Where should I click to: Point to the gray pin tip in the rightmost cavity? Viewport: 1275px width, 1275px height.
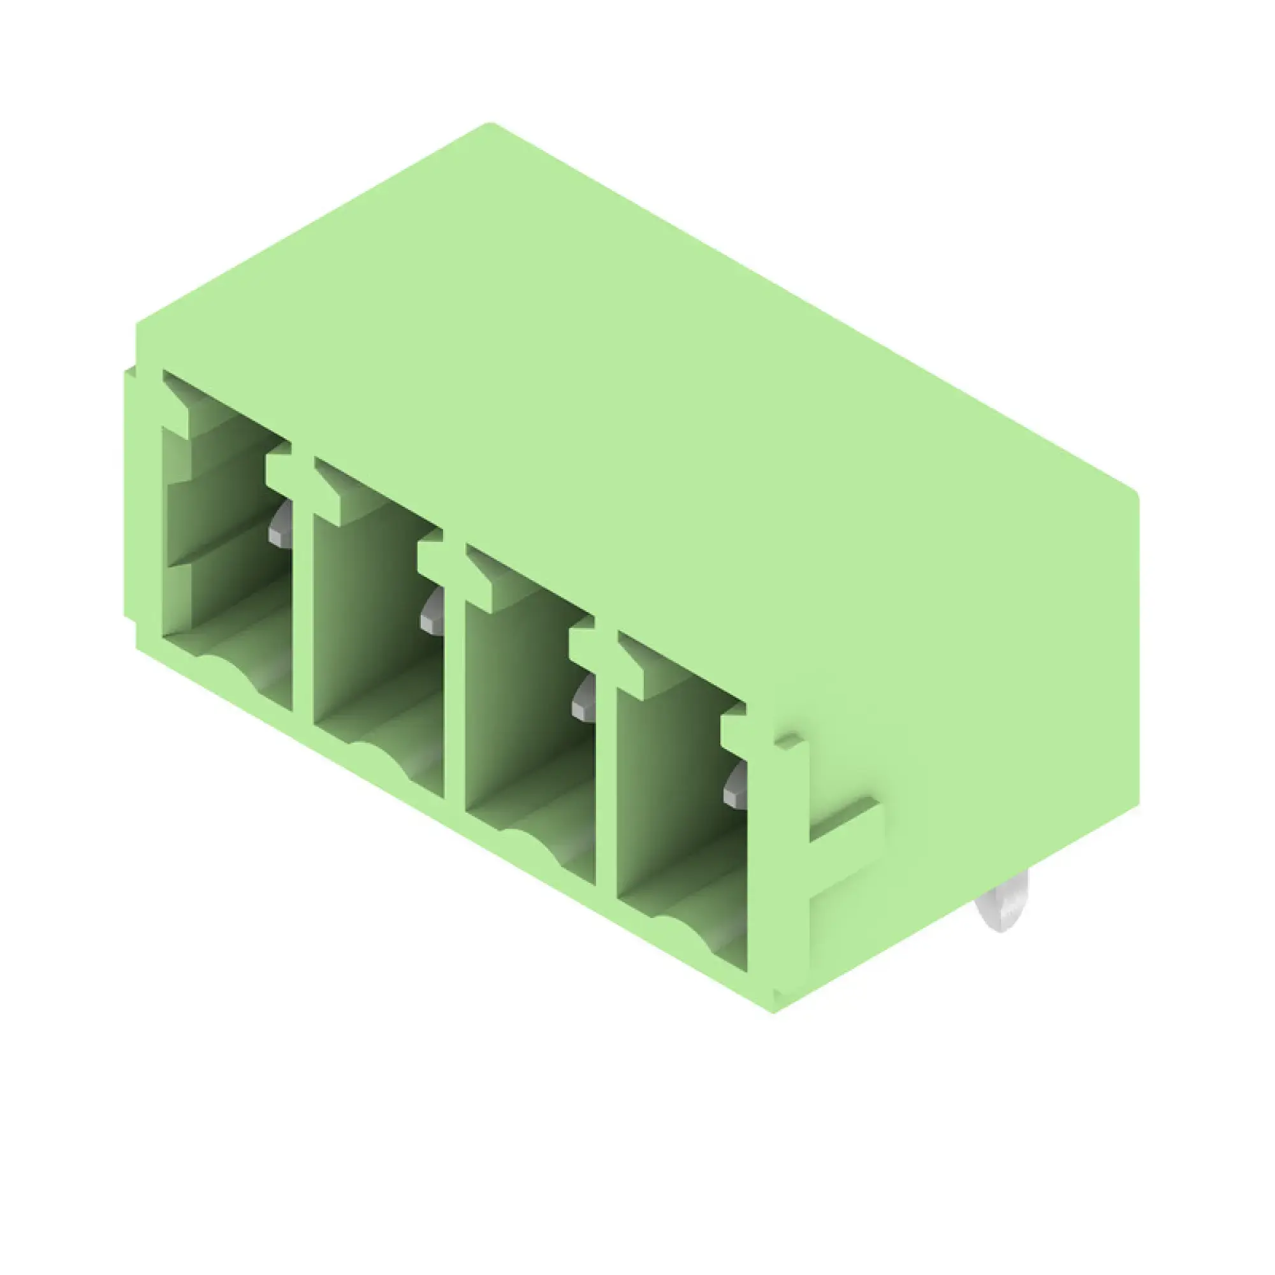[x=734, y=787]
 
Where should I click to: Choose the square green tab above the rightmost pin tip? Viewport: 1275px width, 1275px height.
[x=732, y=729]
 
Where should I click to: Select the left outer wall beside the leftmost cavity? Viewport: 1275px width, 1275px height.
[x=143, y=502]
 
